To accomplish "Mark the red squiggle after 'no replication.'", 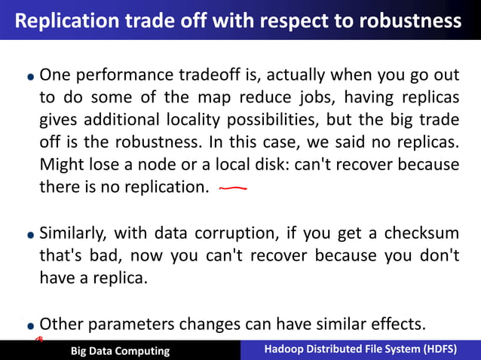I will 232,189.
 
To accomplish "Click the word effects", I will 396,325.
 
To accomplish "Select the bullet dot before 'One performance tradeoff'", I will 30,78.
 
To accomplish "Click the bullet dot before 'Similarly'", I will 30,235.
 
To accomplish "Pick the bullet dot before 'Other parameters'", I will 30,326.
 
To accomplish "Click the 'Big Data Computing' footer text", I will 120,351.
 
